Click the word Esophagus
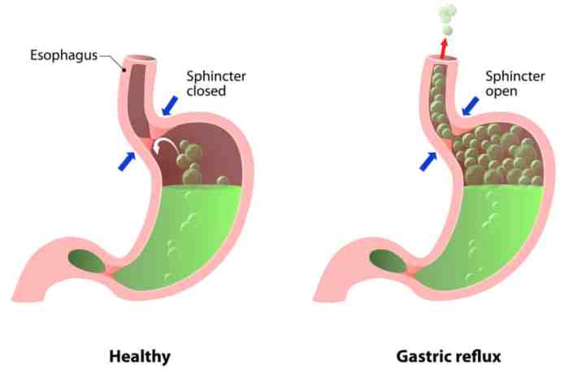pos(64,55)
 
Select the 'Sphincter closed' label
pos(216,84)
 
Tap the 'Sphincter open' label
pos(515,84)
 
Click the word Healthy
pos(140,356)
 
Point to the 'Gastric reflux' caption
pos(449,356)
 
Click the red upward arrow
pos(444,48)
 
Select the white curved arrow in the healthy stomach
pos(164,146)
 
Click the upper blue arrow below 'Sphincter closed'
pos(169,106)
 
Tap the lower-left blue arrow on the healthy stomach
pos(127,161)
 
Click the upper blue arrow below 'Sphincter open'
pos(471,106)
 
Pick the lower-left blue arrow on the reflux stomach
pos(428,161)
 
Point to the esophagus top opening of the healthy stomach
pos(141,59)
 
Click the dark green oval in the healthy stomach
pos(87,261)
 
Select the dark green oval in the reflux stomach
pos(389,261)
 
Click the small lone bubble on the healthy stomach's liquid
pos(223,181)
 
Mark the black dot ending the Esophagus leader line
pos(124,70)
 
